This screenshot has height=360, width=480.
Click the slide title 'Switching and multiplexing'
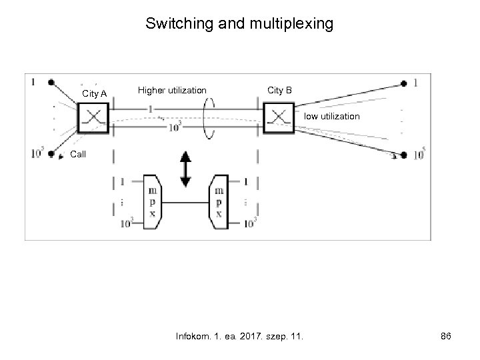239,25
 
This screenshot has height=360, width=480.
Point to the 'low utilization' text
332,117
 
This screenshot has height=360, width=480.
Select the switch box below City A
93,117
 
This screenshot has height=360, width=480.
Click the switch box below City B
277,117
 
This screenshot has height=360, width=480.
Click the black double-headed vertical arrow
186,167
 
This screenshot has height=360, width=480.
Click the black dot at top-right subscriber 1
403,84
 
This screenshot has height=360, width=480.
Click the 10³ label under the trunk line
174,126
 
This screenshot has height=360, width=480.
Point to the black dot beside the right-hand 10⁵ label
403,152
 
